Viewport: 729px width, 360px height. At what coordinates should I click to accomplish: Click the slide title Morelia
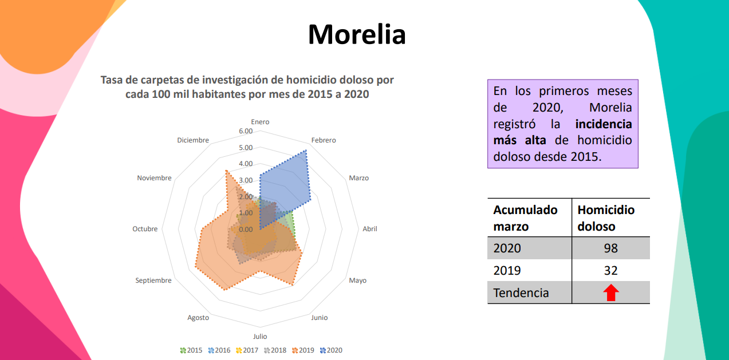pyautogui.click(x=357, y=34)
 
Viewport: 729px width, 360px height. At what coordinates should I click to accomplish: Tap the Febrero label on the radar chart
pyautogui.click(x=324, y=140)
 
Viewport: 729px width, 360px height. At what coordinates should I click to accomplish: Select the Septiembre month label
pyautogui.click(x=153, y=280)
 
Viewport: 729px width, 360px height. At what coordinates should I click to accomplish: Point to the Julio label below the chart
pyautogui.click(x=260, y=337)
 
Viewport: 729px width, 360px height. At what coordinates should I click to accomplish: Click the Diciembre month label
pyautogui.click(x=193, y=140)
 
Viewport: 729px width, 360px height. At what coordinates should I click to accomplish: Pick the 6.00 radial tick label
pyautogui.click(x=245, y=131)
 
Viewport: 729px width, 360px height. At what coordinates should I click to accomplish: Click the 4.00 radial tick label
pyautogui.click(x=245, y=164)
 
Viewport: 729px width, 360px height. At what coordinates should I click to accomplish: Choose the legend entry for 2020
pyautogui.click(x=331, y=350)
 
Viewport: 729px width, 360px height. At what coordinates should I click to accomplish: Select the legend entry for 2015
pyautogui.click(x=191, y=350)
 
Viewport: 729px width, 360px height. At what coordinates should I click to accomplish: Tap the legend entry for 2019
pyautogui.click(x=303, y=350)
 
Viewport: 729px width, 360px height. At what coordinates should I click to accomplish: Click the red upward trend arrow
pyautogui.click(x=611, y=293)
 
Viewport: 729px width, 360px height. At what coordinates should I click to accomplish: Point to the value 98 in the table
pyautogui.click(x=610, y=248)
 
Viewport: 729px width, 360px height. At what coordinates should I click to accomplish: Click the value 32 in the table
pyautogui.click(x=610, y=270)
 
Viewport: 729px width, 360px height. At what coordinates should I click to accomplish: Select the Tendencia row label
pyautogui.click(x=521, y=293)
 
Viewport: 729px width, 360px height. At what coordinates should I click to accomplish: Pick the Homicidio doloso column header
pyautogui.click(x=606, y=218)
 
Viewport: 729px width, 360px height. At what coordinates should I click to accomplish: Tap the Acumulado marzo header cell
pyautogui.click(x=525, y=218)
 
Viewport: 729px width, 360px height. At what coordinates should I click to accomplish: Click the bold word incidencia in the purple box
pyautogui.click(x=604, y=124)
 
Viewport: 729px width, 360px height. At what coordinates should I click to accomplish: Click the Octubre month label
pyautogui.click(x=145, y=229)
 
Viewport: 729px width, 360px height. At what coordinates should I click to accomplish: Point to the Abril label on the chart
pyautogui.click(x=370, y=229)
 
